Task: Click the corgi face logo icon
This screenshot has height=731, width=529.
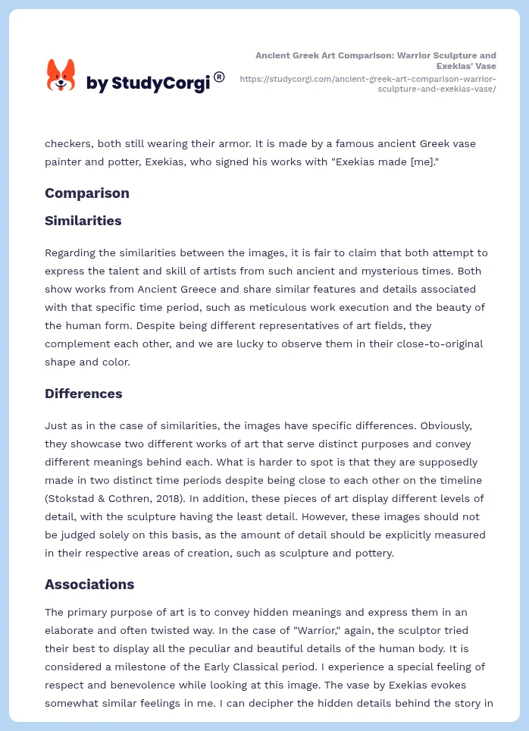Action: [x=61, y=76]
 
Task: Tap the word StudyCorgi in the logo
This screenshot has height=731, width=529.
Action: [x=161, y=83]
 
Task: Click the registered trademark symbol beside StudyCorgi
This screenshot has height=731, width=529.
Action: [x=219, y=77]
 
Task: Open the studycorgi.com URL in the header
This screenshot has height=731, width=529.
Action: [x=368, y=83]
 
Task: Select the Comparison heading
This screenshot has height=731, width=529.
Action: [x=87, y=193]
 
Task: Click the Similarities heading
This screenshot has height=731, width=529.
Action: [x=83, y=221]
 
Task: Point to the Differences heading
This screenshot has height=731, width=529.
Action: [x=83, y=394]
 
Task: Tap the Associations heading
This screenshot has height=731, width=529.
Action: [x=89, y=585]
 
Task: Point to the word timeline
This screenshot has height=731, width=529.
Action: [x=463, y=480]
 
